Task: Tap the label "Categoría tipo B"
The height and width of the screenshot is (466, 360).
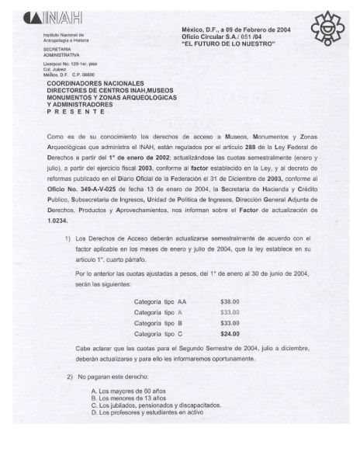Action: click(x=158, y=322)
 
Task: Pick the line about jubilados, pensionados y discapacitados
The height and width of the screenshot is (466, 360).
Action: click(x=161, y=405)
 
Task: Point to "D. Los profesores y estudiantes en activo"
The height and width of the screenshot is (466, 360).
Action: click(x=147, y=412)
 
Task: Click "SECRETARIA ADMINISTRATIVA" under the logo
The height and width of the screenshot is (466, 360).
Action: click(x=63, y=52)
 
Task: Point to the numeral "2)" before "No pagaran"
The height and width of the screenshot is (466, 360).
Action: click(x=70, y=377)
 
